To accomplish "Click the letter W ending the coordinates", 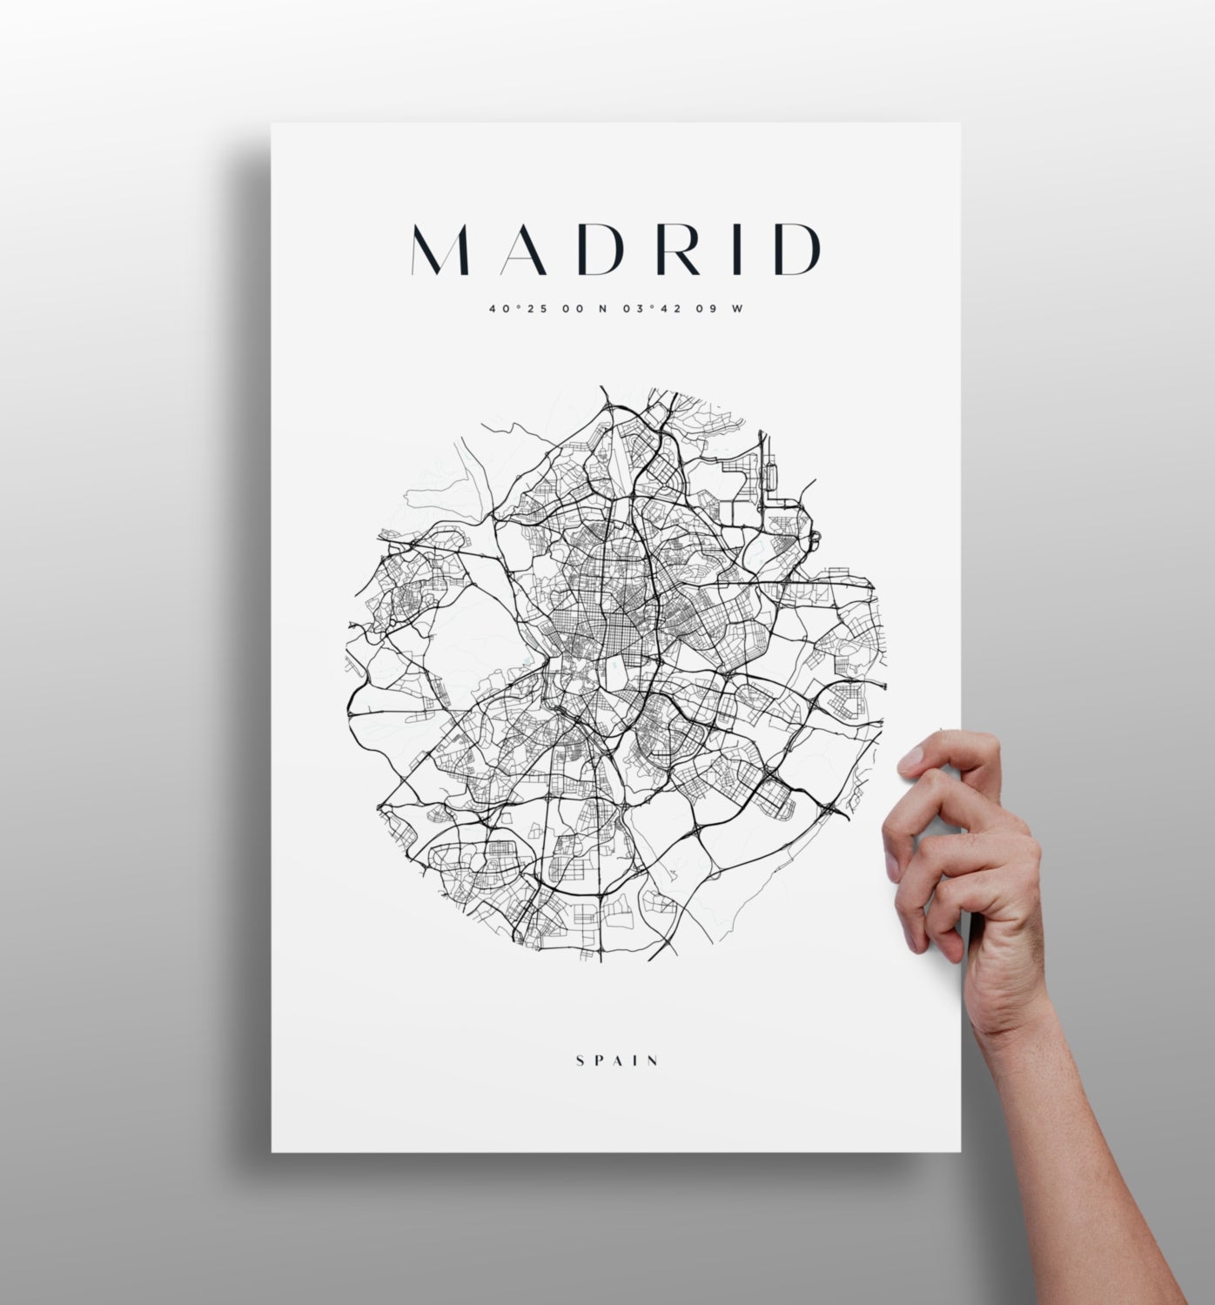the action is coord(738,308).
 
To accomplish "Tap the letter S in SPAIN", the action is coord(581,1061).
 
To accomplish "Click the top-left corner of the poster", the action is coord(272,124).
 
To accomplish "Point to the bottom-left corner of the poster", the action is coord(272,1150).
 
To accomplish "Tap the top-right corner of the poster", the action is coord(958,124).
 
